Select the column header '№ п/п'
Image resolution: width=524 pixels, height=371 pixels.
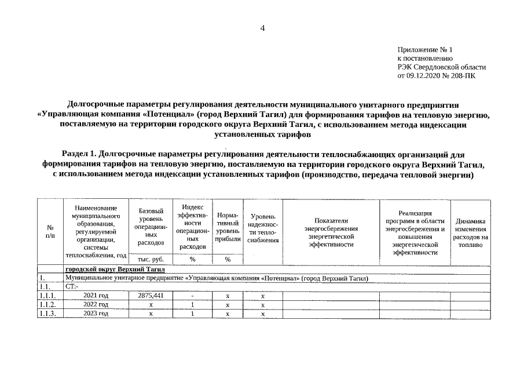(50, 232)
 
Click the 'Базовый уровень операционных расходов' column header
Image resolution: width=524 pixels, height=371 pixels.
(151, 227)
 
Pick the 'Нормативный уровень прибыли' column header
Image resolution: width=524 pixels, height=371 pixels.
(228, 227)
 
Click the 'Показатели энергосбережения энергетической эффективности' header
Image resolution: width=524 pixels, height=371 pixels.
(331, 232)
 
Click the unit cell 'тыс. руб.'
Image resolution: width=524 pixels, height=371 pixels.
(151, 260)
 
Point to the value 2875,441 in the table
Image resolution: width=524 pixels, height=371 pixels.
(151, 296)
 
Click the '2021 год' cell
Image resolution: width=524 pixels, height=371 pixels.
(96, 296)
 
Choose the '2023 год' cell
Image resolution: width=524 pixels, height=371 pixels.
(96, 314)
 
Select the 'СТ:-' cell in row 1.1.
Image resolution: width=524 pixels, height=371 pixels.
(72, 287)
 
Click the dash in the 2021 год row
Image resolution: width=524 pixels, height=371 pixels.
(192, 296)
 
